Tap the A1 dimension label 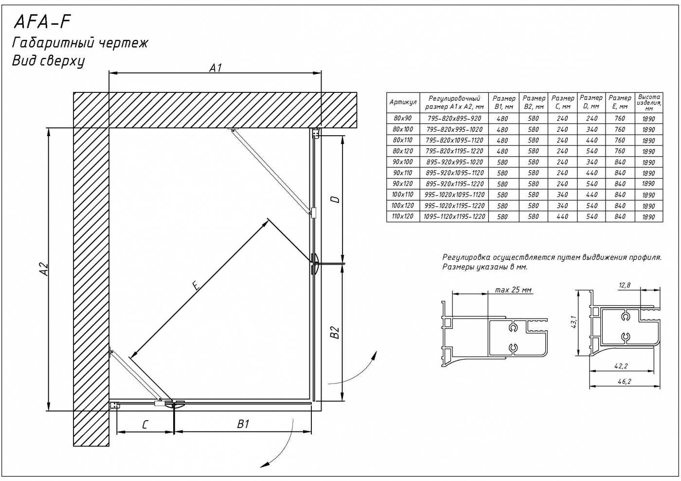215,68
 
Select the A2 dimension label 44,269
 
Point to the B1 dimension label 243,424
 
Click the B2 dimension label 335,332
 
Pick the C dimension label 145,425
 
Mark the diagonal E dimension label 197,285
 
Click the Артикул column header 403,102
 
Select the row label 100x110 403,195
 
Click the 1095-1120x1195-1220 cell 454,216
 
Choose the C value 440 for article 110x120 562,216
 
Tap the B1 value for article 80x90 502,119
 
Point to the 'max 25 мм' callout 514,290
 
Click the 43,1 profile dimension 574,322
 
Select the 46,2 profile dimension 625,382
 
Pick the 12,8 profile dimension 625,285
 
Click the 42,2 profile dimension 621,366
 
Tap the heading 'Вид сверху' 48,61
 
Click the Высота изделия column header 649,103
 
